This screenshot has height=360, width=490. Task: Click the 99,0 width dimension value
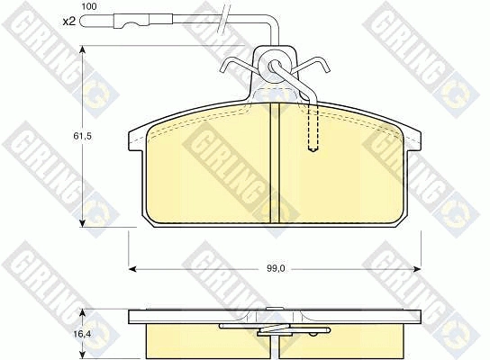(276, 269)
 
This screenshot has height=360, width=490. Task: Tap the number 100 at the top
(89, 6)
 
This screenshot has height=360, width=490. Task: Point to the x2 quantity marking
(69, 22)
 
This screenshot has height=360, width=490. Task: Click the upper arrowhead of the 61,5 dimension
(82, 50)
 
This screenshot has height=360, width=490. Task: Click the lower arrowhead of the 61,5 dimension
(82, 223)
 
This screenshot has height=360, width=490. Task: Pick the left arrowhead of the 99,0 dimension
(132, 269)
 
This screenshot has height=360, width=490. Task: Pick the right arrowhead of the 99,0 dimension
(417, 269)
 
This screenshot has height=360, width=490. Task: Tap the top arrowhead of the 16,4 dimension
(82, 313)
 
